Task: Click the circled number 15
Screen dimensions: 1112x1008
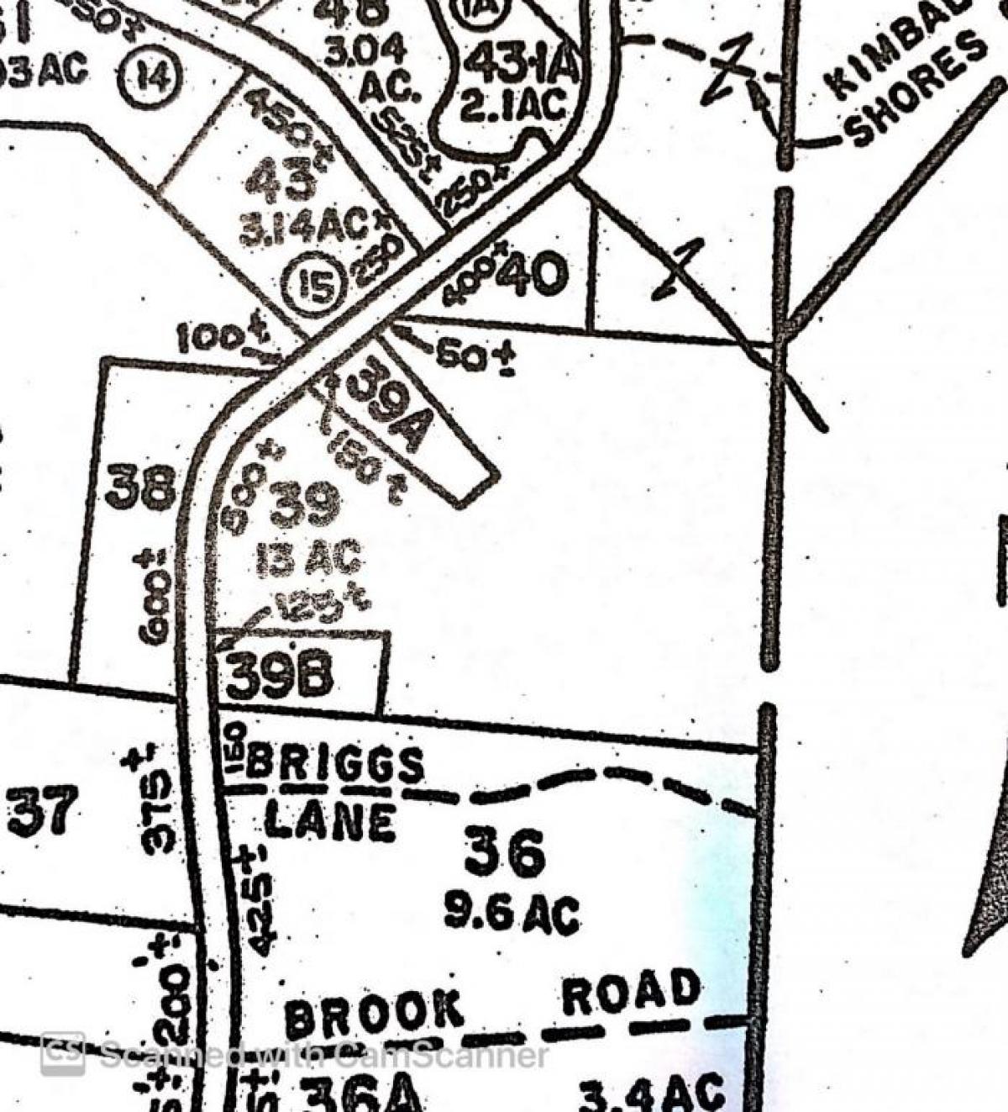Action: [x=313, y=284]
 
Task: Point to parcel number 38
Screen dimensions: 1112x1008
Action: [x=141, y=488]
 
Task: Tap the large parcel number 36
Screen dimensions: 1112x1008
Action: [x=505, y=851]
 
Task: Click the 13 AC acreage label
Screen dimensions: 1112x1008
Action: [x=308, y=557]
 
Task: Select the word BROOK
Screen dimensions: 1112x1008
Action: [x=374, y=1015]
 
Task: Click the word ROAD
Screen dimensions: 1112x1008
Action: [x=631, y=992]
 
